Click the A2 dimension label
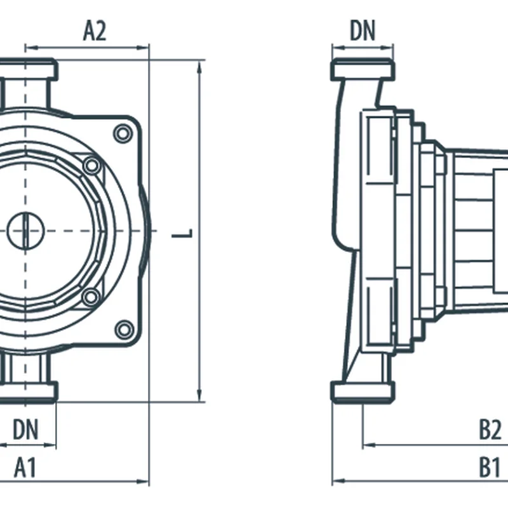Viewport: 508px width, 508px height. (95, 31)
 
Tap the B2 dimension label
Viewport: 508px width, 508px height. (490, 431)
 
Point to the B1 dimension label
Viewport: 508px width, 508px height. (489, 469)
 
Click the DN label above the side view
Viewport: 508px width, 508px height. (363, 30)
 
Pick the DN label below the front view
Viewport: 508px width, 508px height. (25, 430)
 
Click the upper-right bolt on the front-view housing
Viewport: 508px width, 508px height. (123, 133)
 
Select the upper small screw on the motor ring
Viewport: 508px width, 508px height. (92, 166)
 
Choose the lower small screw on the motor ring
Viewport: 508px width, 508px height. (91, 296)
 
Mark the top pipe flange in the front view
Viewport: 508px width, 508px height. (29, 69)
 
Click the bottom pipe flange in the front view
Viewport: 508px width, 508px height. (29, 391)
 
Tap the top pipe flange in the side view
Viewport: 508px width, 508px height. (363, 69)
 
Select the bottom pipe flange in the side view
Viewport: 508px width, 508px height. (363, 391)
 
